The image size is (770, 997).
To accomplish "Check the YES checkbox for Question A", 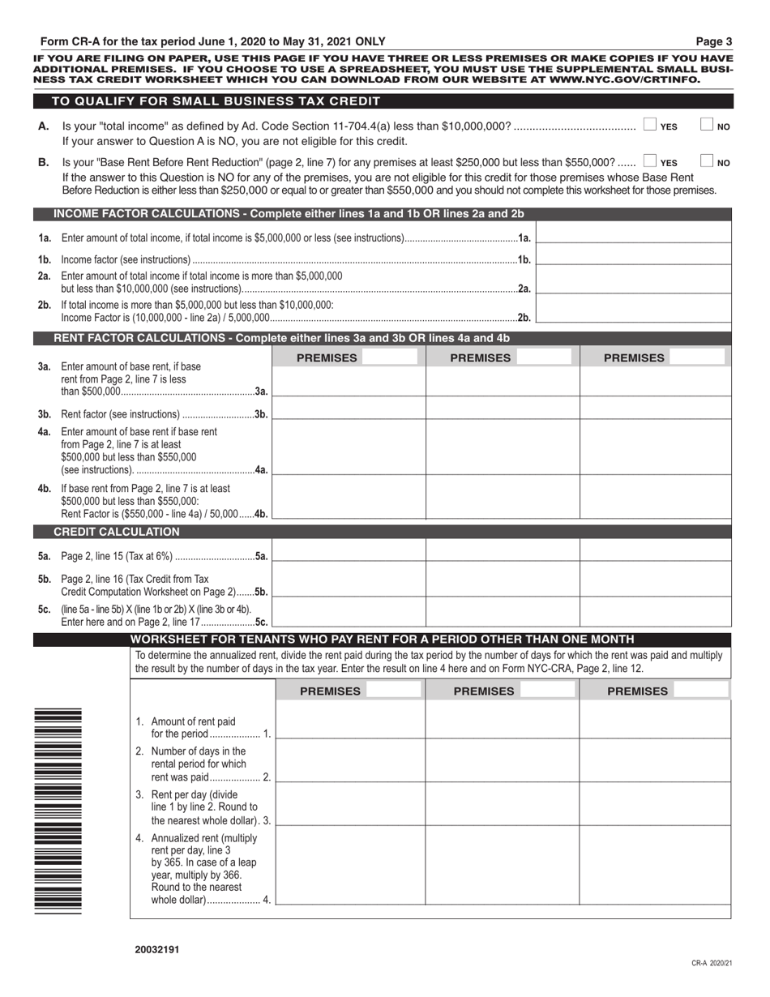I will pos(650,125).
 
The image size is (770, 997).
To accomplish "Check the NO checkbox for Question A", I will pos(707,125).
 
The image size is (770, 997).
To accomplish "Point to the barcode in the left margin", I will pos(58,811).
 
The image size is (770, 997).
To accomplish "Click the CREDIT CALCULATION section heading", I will pos(117,532).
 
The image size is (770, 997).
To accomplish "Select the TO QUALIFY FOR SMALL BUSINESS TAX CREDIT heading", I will pos(216,101).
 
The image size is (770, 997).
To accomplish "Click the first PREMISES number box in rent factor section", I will pos(390,357).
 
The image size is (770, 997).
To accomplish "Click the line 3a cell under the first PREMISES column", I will pos(349,382).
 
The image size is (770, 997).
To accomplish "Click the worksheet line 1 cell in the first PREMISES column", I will pos(349,721).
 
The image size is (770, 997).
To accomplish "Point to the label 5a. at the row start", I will pos(45,555).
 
